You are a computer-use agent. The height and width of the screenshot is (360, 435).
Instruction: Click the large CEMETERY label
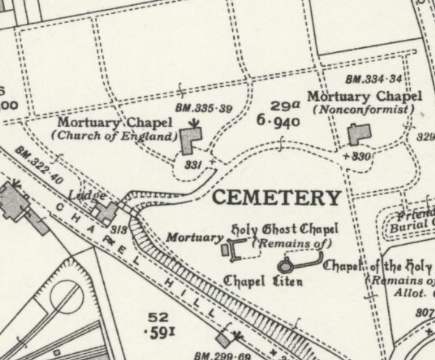pos(277,197)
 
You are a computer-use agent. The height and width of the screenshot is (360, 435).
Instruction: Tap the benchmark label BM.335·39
pos(204,108)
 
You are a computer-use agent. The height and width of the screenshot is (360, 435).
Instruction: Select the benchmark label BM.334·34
pos(373,79)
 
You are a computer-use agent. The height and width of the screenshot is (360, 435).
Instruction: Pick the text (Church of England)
pos(115,136)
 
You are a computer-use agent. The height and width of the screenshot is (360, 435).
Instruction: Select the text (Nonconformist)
pos(364,109)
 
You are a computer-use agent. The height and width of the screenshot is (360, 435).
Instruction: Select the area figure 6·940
pos(278,120)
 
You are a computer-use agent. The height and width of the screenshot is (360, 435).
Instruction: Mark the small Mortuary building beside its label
pos(224,249)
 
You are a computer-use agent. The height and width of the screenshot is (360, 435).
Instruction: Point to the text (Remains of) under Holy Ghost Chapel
pos(291,243)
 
